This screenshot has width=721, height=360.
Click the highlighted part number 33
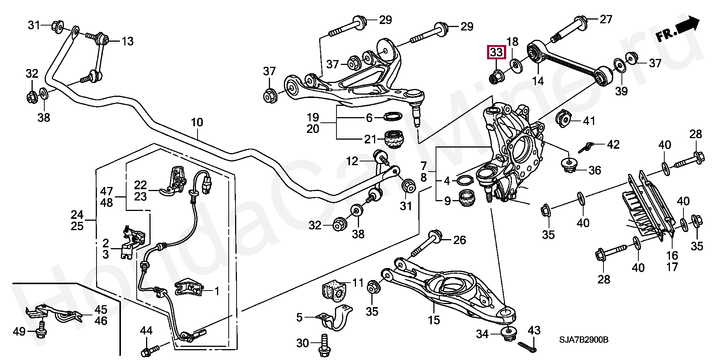tap(496, 53)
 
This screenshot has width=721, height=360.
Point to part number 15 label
tap(434, 320)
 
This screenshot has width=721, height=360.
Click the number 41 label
tap(589, 121)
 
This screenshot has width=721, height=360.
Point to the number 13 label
tap(128, 41)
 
